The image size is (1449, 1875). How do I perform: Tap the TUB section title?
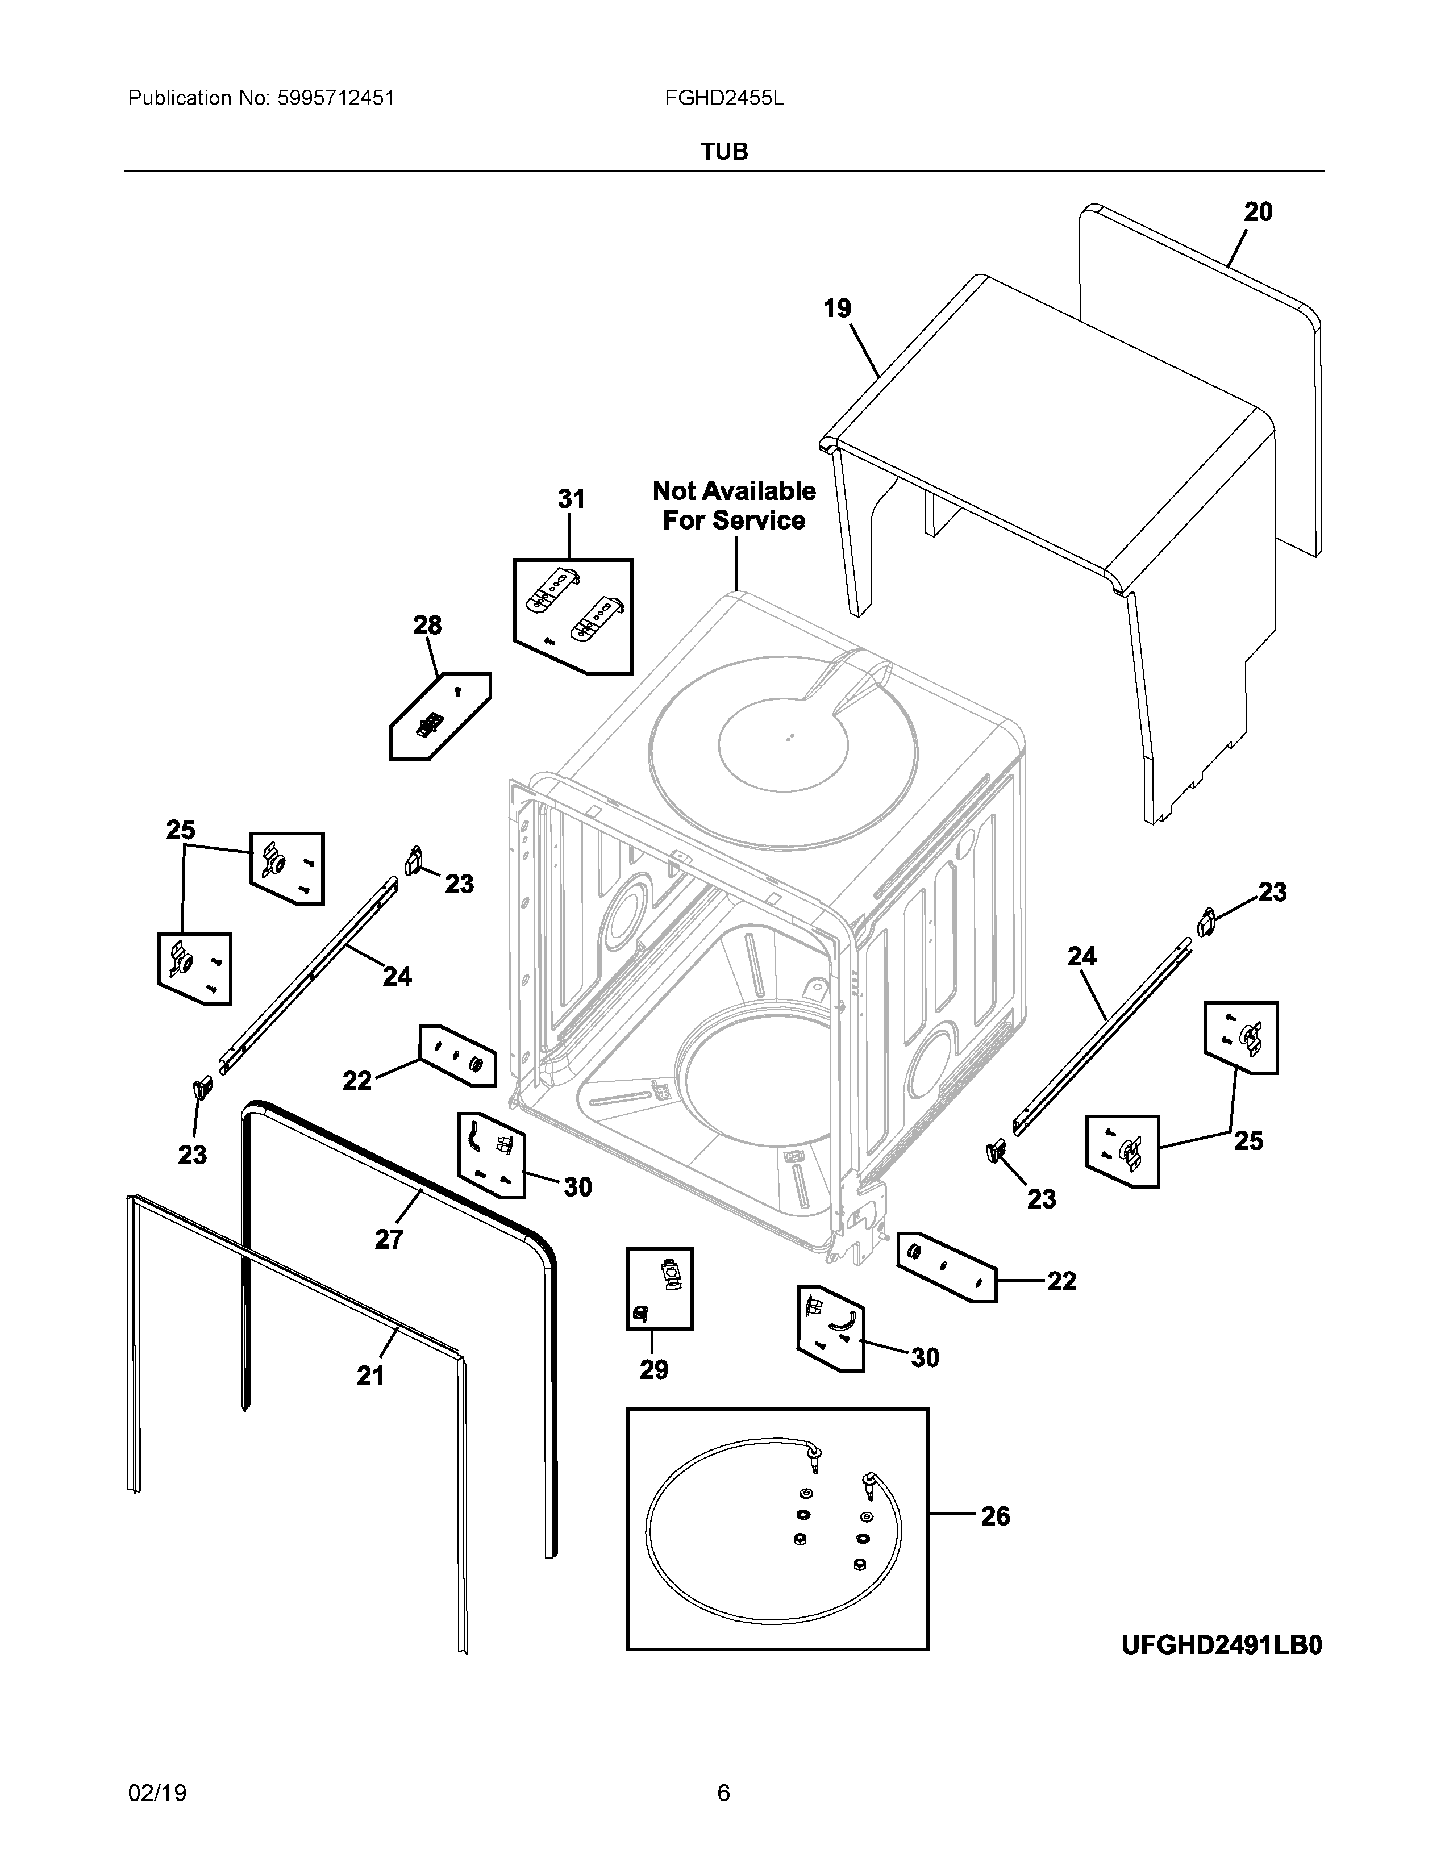(x=724, y=152)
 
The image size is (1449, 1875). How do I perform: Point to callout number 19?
(x=837, y=308)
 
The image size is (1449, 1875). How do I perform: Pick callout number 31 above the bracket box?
(x=571, y=499)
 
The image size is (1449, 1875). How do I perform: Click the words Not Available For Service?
(x=734, y=506)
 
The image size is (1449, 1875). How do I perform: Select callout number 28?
(x=427, y=625)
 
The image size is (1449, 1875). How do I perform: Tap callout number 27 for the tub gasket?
(x=389, y=1240)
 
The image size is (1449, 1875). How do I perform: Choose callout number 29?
(x=653, y=1369)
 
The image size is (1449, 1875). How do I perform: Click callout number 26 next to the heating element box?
(x=995, y=1517)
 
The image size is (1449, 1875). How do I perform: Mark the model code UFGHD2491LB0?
(x=1222, y=1645)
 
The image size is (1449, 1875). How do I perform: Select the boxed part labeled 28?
(x=440, y=716)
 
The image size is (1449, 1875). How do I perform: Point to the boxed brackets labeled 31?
(x=573, y=616)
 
